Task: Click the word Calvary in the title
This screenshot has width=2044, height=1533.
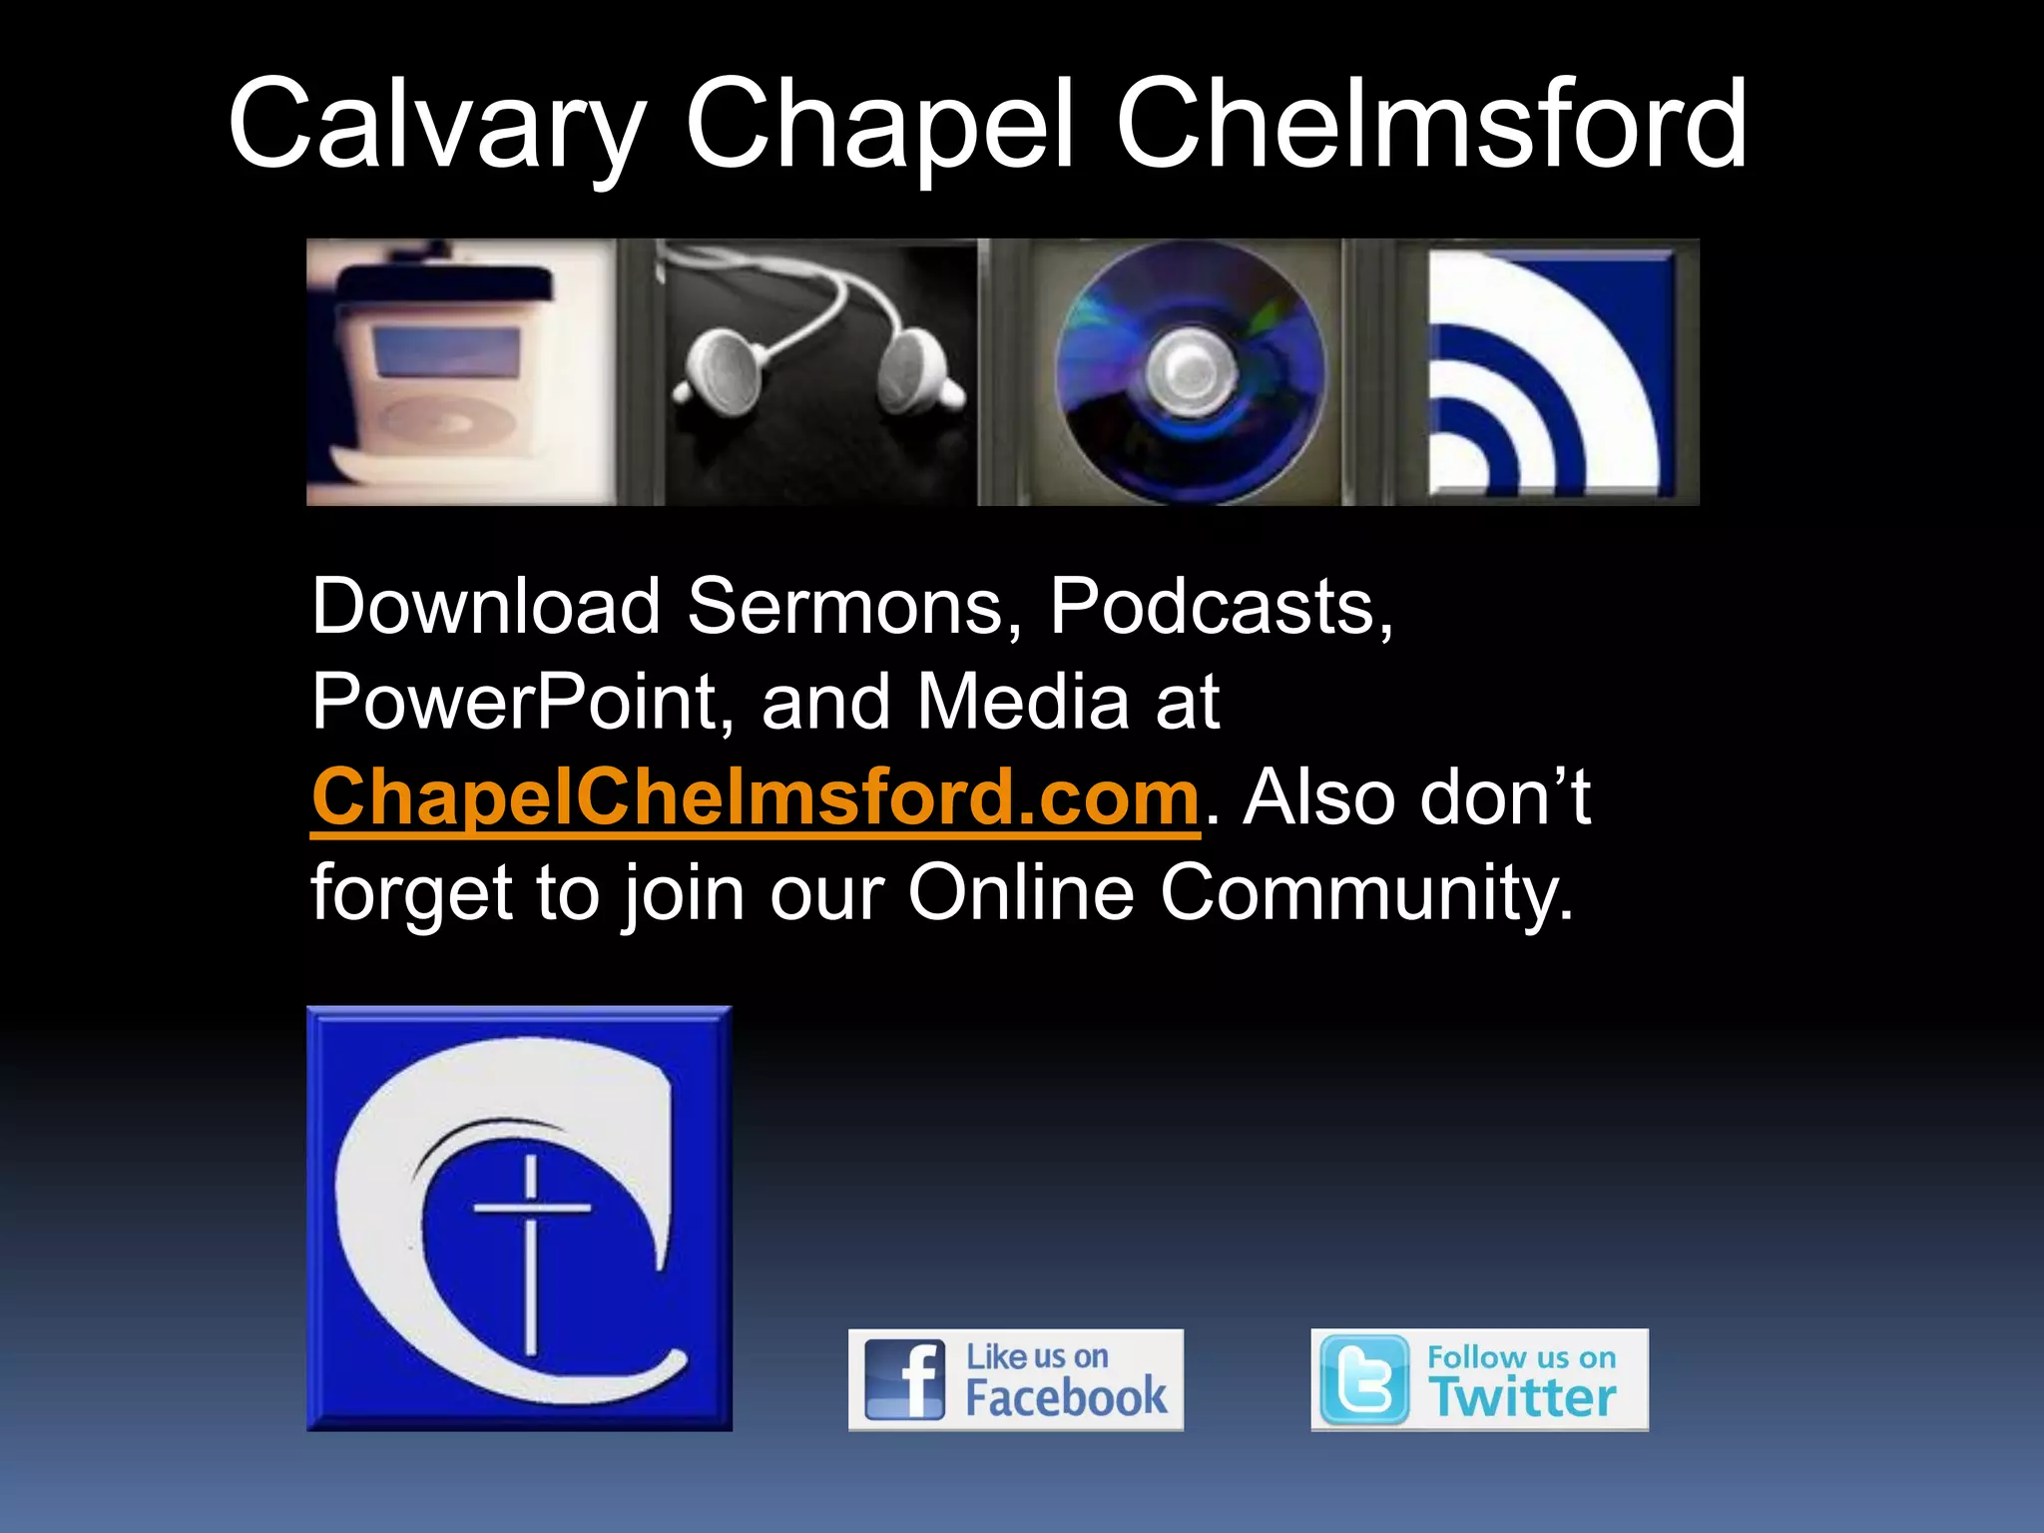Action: click(x=436, y=125)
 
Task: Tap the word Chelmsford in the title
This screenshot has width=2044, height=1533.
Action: click(x=1431, y=125)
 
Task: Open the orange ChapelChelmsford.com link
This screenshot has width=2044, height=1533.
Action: click(x=755, y=798)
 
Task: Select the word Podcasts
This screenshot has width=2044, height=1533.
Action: click(x=1220, y=607)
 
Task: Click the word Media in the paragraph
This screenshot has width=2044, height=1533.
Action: click(x=1023, y=702)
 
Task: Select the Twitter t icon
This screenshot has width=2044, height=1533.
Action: click(x=1363, y=1380)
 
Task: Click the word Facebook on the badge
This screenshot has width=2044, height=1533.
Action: click(x=1065, y=1397)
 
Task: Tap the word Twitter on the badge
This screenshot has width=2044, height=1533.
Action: click(x=1524, y=1397)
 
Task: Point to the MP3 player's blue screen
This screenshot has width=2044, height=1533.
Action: click(x=446, y=352)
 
